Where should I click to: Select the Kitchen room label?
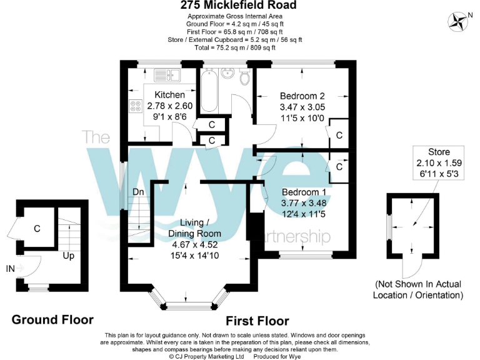click(161, 95)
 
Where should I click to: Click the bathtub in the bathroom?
click(207, 90)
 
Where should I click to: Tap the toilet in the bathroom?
click(245, 76)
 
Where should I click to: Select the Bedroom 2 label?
click(302, 96)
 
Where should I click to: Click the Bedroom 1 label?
click(304, 192)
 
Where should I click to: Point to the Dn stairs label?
click(139, 192)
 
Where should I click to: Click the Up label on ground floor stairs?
click(68, 256)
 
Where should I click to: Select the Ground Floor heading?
click(52, 320)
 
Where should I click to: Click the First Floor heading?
click(257, 321)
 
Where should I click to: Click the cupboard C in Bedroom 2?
click(339, 135)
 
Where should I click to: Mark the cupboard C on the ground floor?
click(37, 229)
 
